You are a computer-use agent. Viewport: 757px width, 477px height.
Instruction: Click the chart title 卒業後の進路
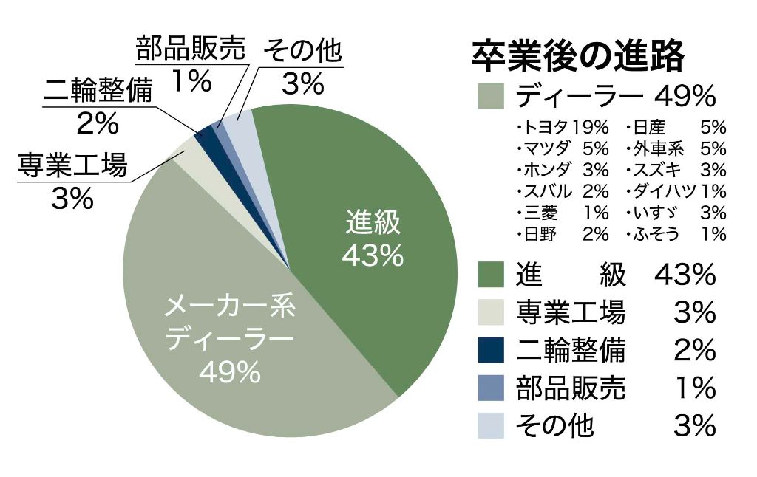pos(577,55)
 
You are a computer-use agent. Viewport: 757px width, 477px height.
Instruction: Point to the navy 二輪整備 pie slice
pos(203,134)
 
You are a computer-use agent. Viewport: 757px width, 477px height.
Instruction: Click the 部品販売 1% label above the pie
pos(190,65)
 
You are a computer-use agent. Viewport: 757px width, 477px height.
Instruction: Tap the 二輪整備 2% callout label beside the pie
pos(98,106)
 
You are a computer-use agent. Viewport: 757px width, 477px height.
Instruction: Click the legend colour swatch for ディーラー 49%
pos(491,96)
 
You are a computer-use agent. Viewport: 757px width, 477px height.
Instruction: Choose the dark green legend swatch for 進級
pos(491,275)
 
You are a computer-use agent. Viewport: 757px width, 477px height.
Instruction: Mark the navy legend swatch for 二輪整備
pos(491,350)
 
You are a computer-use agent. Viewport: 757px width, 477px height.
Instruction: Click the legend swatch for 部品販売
pos(491,388)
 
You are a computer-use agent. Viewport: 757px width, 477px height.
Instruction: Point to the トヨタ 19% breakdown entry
pos(563,126)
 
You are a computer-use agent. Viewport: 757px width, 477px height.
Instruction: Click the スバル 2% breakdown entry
pos(563,191)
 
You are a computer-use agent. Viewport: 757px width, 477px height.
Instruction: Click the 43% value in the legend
pos(685,275)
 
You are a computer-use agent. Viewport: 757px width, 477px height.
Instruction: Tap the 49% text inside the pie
pos(229,373)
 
